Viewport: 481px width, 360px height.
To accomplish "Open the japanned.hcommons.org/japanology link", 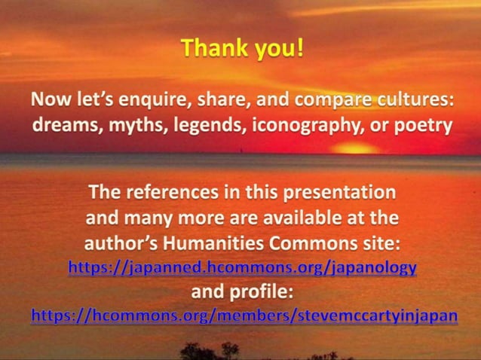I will (242, 267).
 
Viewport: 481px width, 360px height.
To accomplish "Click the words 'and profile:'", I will (241, 291).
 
